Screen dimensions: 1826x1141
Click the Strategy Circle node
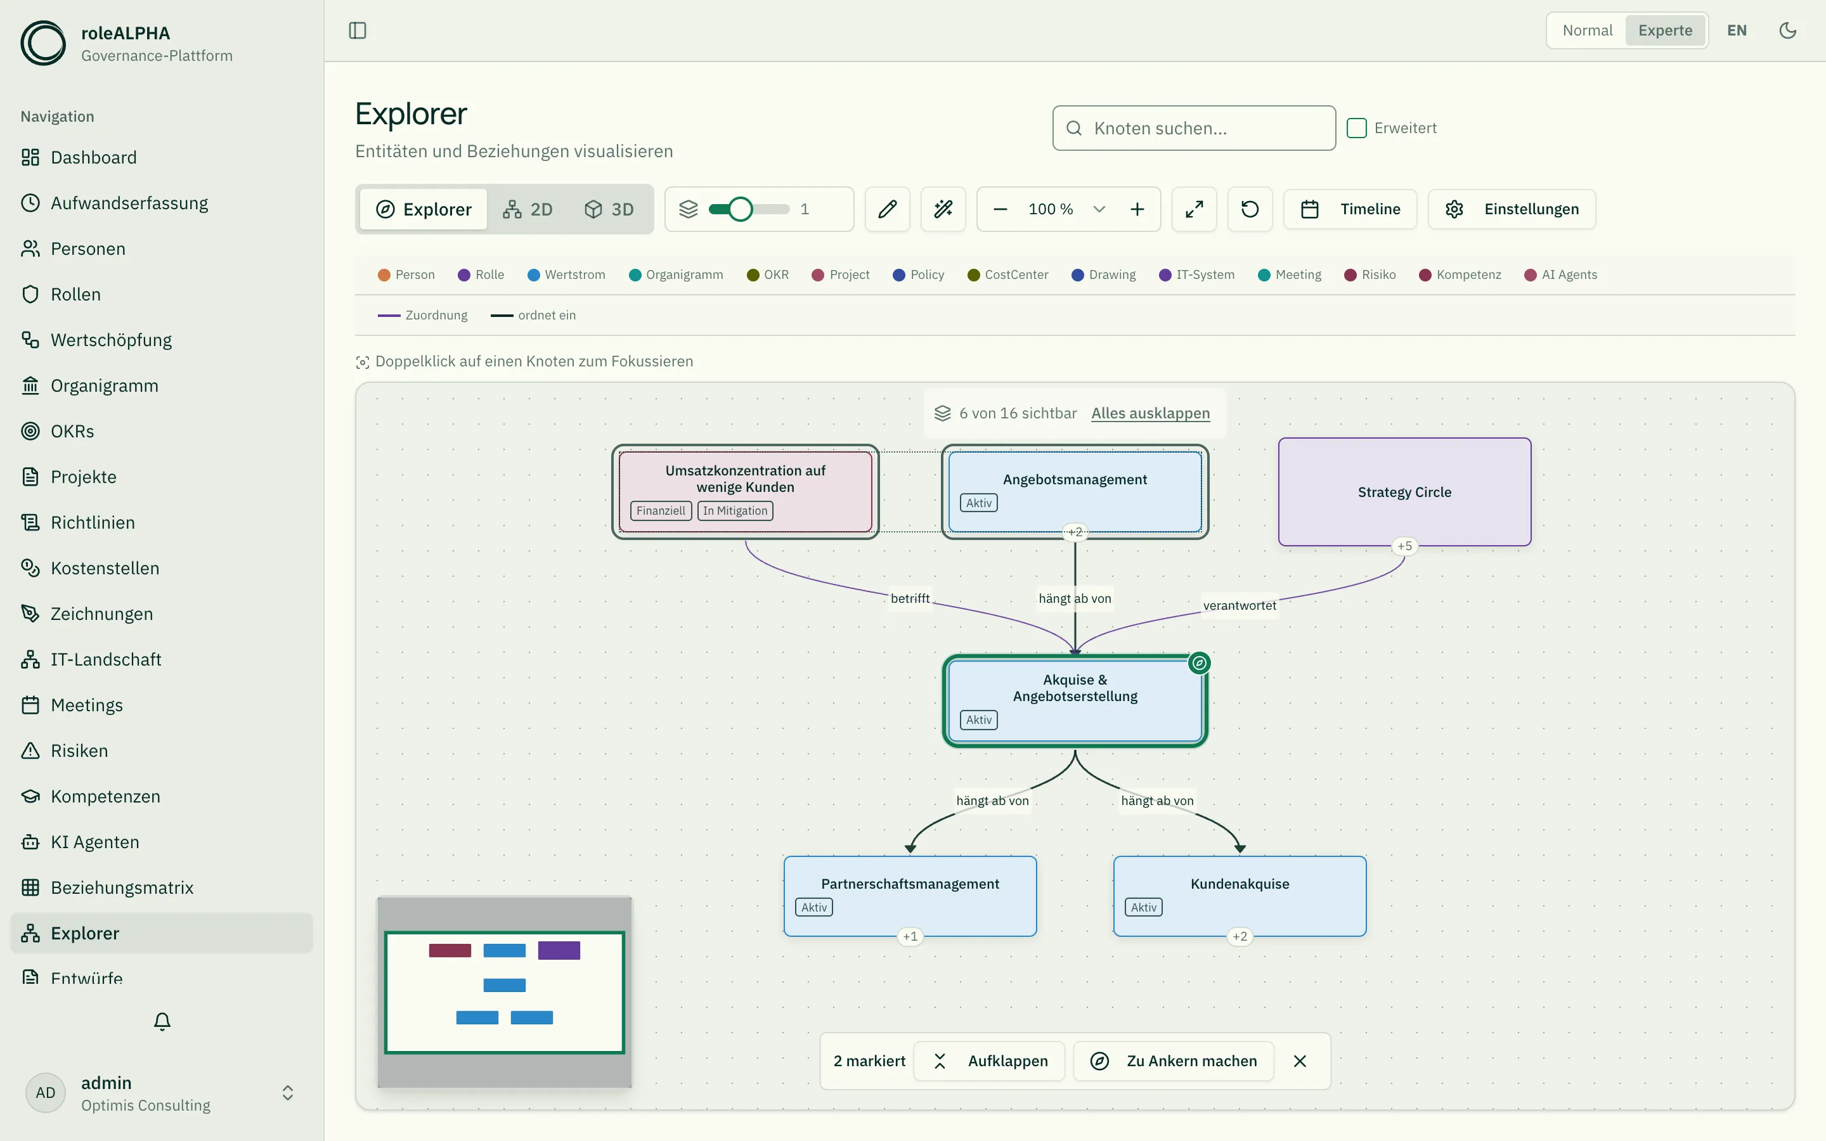[x=1404, y=491]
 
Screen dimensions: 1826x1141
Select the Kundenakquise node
[x=1240, y=896]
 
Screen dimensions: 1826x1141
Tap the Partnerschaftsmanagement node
[x=910, y=896]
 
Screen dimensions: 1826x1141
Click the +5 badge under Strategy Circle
[x=1404, y=546]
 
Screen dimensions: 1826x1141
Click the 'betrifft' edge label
[x=910, y=598]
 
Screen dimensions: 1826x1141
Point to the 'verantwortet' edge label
[x=1240, y=605]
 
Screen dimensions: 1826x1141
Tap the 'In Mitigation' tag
[x=735, y=511]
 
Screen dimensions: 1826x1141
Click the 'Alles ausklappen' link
[x=1151, y=413]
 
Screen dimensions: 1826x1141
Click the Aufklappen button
[x=989, y=1061]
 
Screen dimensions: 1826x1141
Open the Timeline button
[x=1350, y=209]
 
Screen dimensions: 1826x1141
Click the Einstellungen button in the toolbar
[x=1512, y=209]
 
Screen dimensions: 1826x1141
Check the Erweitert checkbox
[x=1357, y=128]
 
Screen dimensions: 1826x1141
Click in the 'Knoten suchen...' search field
[x=1195, y=128]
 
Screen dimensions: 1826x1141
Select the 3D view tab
[x=609, y=209]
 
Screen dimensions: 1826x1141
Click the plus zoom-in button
[x=1137, y=209]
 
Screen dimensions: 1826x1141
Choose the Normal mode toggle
[x=1588, y=30]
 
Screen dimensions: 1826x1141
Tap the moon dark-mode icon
[x=1787, y=30]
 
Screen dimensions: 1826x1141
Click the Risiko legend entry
[x=1370, y=274]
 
